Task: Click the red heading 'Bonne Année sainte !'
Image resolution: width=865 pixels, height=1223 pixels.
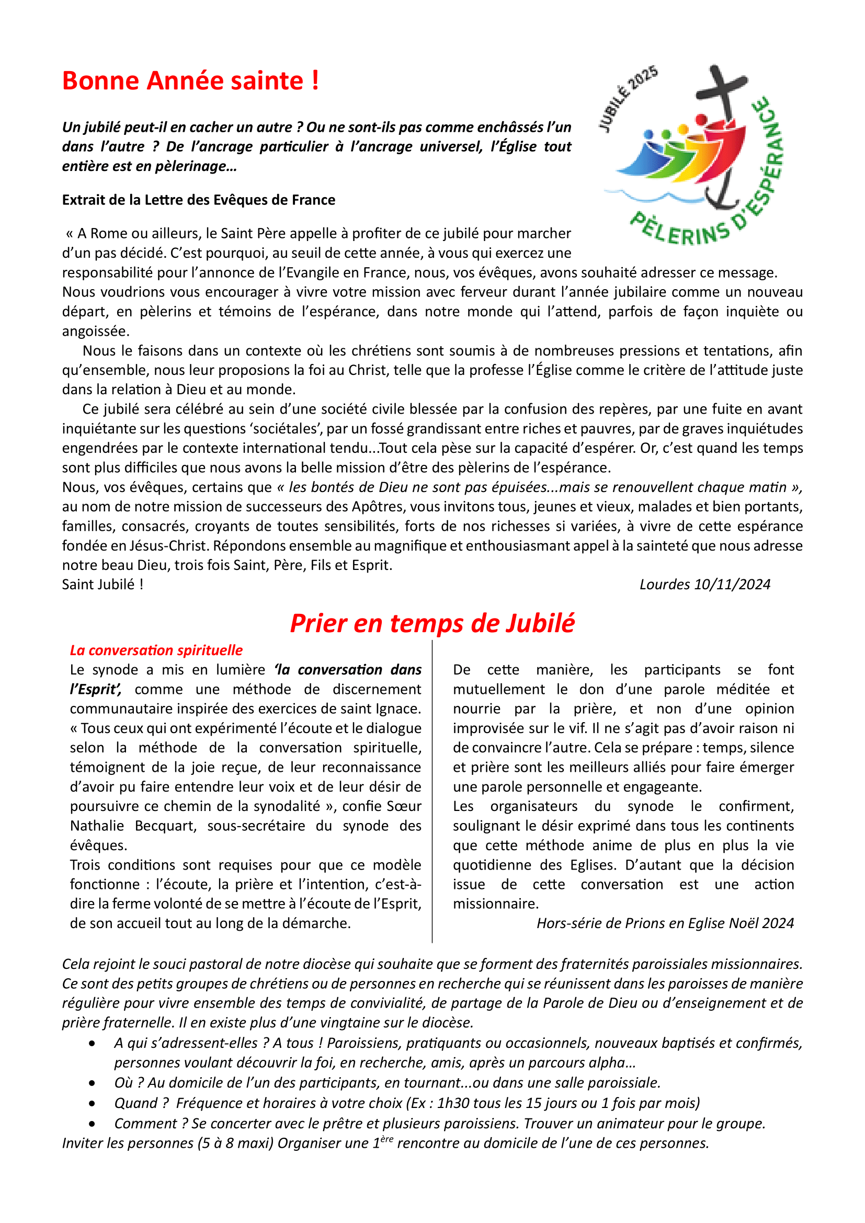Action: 190,81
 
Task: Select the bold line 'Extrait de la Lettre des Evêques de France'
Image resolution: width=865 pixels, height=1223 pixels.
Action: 199,200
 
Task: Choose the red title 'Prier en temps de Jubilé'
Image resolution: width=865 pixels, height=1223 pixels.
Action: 432,623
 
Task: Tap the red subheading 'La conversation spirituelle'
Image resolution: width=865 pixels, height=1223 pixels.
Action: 156,650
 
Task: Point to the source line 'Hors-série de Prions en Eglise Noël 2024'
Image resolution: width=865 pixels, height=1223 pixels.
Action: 665,923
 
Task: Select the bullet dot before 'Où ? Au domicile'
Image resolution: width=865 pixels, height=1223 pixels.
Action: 93,1083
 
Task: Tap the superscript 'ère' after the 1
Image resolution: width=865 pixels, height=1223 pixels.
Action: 386,1139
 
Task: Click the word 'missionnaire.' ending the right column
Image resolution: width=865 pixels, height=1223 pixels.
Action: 496,904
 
